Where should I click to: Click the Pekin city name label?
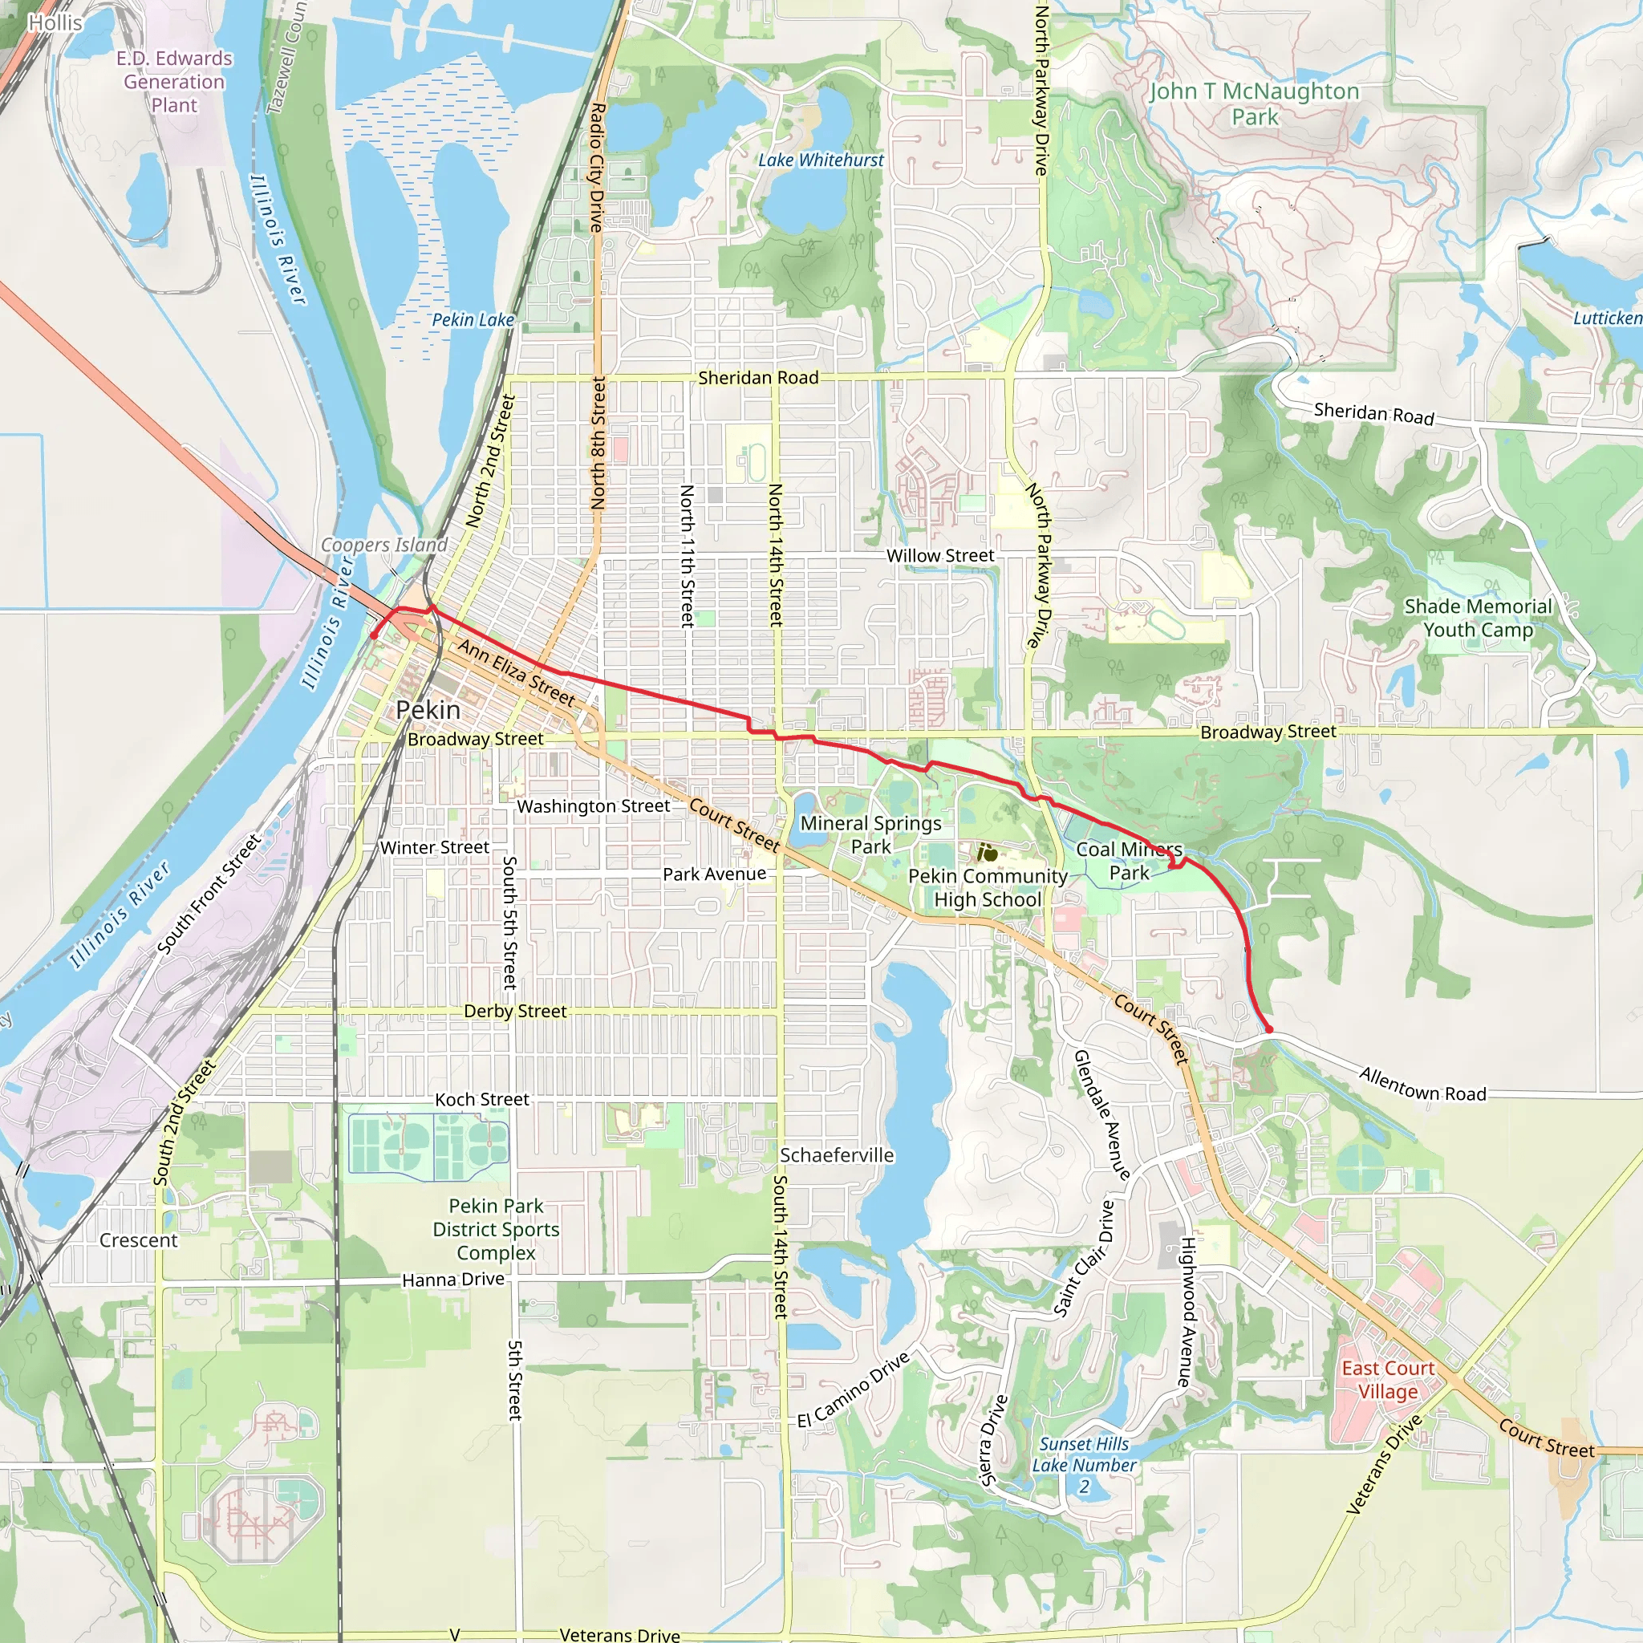[x=428, y=710]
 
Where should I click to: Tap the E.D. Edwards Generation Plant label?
[x=174, y=82]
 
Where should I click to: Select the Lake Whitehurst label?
[x=821, y=160]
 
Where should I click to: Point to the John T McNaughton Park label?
[x=1255, y=103]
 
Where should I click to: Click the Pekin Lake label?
[x=473, y=320]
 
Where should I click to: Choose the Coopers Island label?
[x=383, y=544]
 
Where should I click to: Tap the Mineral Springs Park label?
[x=870, y=834]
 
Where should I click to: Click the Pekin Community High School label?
[x=988, y=888]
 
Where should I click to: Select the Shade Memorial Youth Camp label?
[x=1478, y=619]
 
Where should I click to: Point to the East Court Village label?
[x=1388, y=1379]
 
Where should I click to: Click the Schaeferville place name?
[x=837, y=1155]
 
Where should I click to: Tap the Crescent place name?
[x=139, y=1240]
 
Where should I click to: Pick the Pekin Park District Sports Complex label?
[x=496, y=1230]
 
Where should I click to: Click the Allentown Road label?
[x=1422, y=1085]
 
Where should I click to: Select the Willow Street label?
[x=939, y=555]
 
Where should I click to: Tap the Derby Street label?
[x=514, y=1011]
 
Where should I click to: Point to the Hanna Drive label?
[x=452, y=1280]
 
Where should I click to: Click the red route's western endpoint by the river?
[x=373, y=635]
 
